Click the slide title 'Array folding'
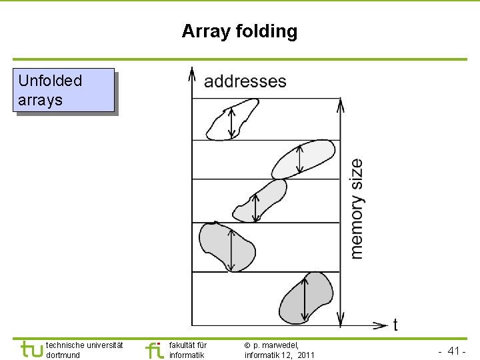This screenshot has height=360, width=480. point(239,31)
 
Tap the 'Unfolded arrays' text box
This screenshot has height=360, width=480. point(65,90)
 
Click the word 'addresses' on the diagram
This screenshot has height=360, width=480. point(245,81)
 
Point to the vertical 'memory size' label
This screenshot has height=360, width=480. point(357,208)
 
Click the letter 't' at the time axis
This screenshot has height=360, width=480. point(395,325)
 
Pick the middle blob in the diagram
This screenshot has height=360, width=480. point(261,201)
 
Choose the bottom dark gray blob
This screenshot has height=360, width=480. point(306,297)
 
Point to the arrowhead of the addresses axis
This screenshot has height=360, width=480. point(192,71)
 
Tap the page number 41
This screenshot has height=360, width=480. point(456,351)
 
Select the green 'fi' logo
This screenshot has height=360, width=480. point(154,349)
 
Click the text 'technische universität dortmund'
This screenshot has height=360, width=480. point(84,350)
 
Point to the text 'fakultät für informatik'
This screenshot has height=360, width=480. point(188,350)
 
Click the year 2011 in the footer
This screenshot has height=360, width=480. point(306,355)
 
